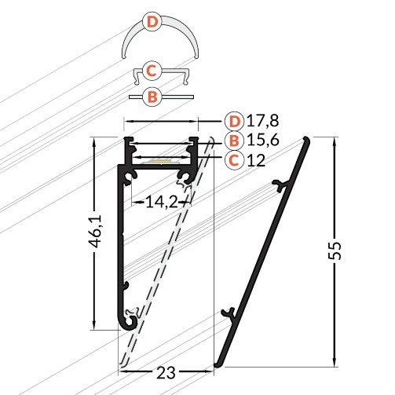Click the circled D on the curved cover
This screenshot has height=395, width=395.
coord(152,22)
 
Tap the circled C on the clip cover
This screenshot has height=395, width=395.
coord(152,71)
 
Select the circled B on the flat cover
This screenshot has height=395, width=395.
coord(152,97)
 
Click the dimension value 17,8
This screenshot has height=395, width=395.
coord(263,121)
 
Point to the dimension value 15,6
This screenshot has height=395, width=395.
coord(263,141)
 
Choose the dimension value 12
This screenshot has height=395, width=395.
coord(256,160)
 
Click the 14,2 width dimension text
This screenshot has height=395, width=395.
coord(162,202)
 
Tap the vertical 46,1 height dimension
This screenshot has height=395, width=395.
coord(95,231)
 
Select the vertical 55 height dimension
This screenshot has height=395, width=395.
coord(335,251)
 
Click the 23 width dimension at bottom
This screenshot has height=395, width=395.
coord(166,373)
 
